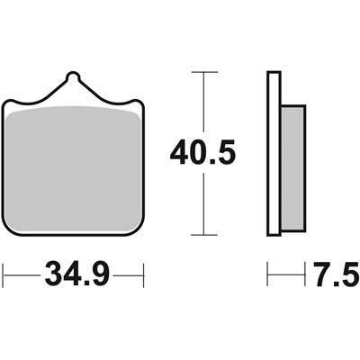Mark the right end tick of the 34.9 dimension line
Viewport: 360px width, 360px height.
pyautogui.click(x=143, y=271)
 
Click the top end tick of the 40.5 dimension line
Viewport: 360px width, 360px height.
pyautogui.click(x=206, y=72)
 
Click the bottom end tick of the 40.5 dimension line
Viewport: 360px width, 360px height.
pyautogui.click(x=206, y=233)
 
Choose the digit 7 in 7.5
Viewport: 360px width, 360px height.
pyautogui.click(x=319, y=271)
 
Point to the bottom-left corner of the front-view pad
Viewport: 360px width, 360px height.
pyautogui.click(x=6, y=230)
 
